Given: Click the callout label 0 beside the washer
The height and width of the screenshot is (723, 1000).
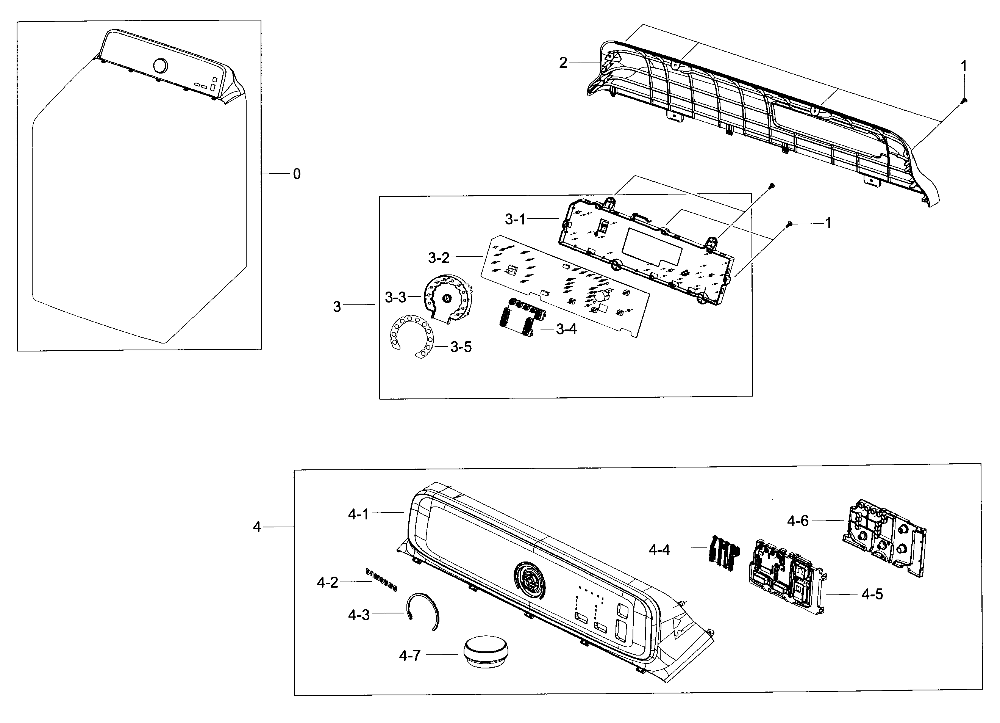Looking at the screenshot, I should [x=297, y=174].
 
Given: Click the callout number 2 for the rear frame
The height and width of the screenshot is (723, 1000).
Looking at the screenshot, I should [x=563, y=63].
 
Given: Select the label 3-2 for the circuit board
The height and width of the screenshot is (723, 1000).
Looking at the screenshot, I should [x=439, y=258].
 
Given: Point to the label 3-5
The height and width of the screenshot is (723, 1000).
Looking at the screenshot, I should [x=461, y=347].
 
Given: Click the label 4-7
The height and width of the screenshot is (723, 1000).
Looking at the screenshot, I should [x=409, y=656].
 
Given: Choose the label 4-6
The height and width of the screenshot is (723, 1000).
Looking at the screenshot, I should [x=798, y=521].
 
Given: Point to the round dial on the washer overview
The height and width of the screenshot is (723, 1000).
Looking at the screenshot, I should [x=160, y=66].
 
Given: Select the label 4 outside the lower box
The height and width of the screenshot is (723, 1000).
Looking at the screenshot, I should [x=257, y=527].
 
